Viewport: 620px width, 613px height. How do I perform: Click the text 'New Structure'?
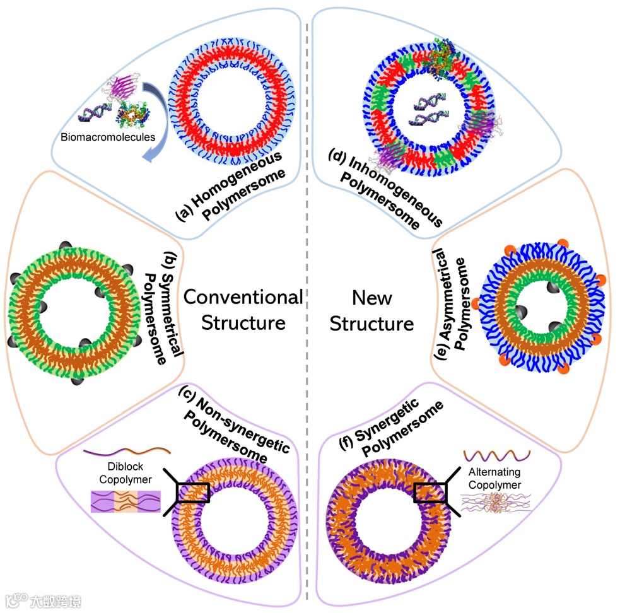tap(372, 310)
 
